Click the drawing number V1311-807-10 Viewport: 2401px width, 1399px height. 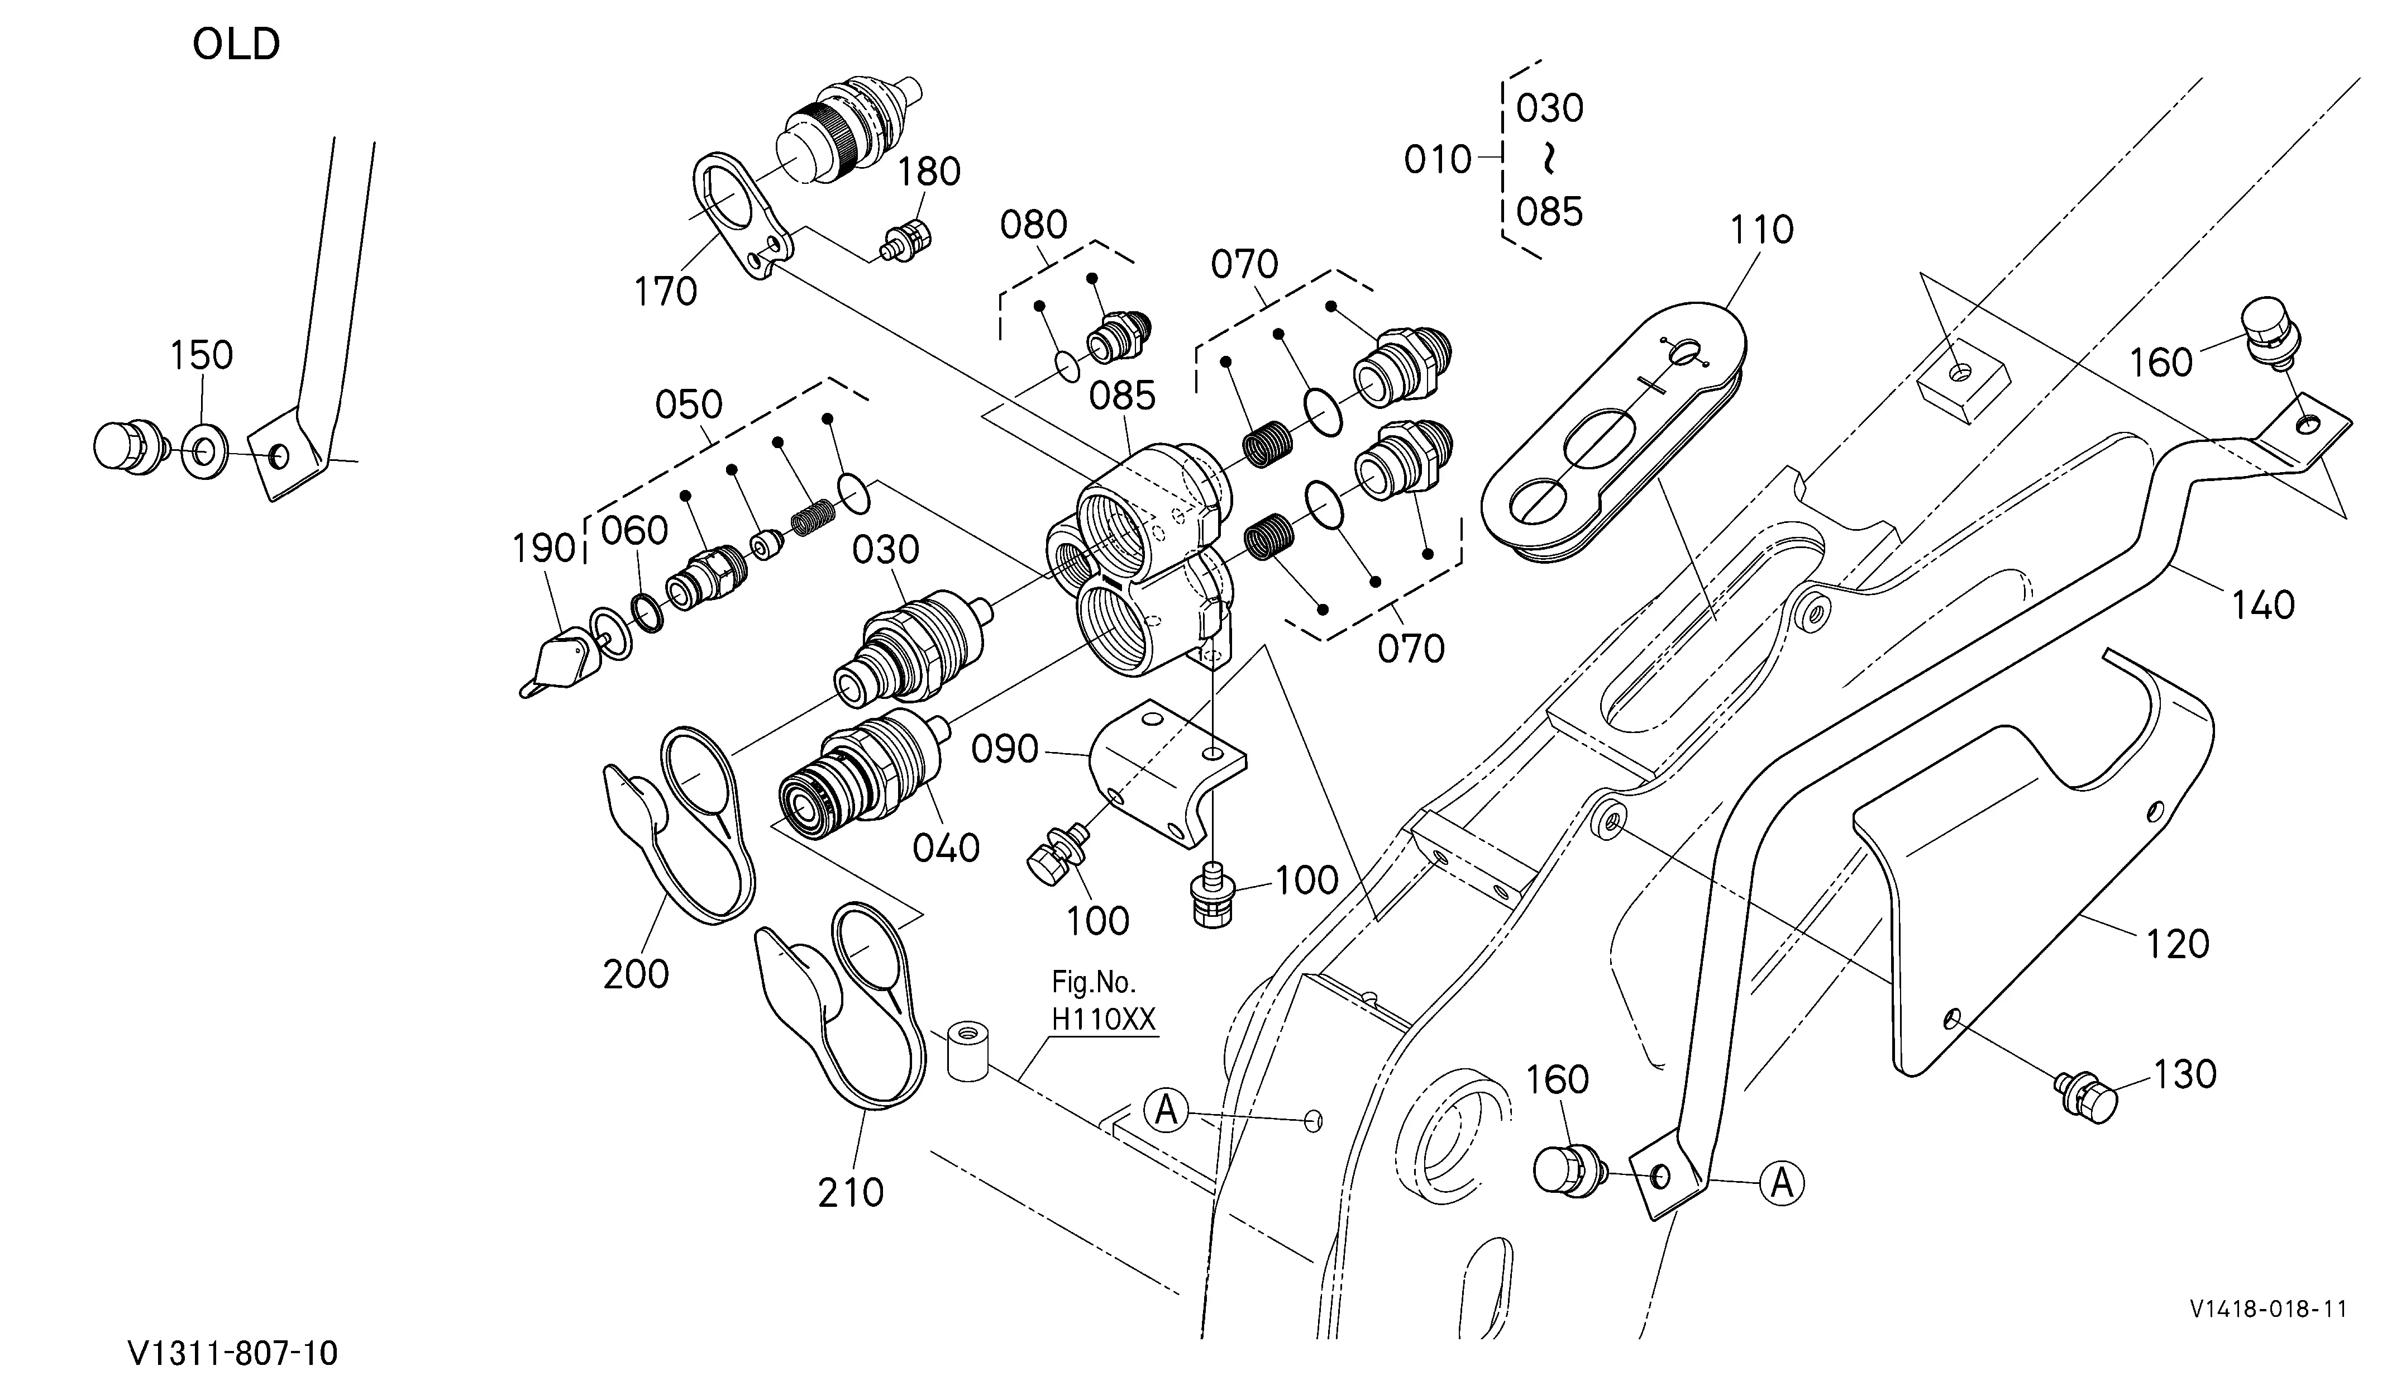tap(233, 1353)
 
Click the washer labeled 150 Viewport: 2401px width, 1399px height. tap(204, 452)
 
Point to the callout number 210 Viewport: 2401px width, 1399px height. tap(851, 1192)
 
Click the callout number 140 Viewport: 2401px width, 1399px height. tap(2263, 604)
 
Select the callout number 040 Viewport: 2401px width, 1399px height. tap(946, 847)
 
